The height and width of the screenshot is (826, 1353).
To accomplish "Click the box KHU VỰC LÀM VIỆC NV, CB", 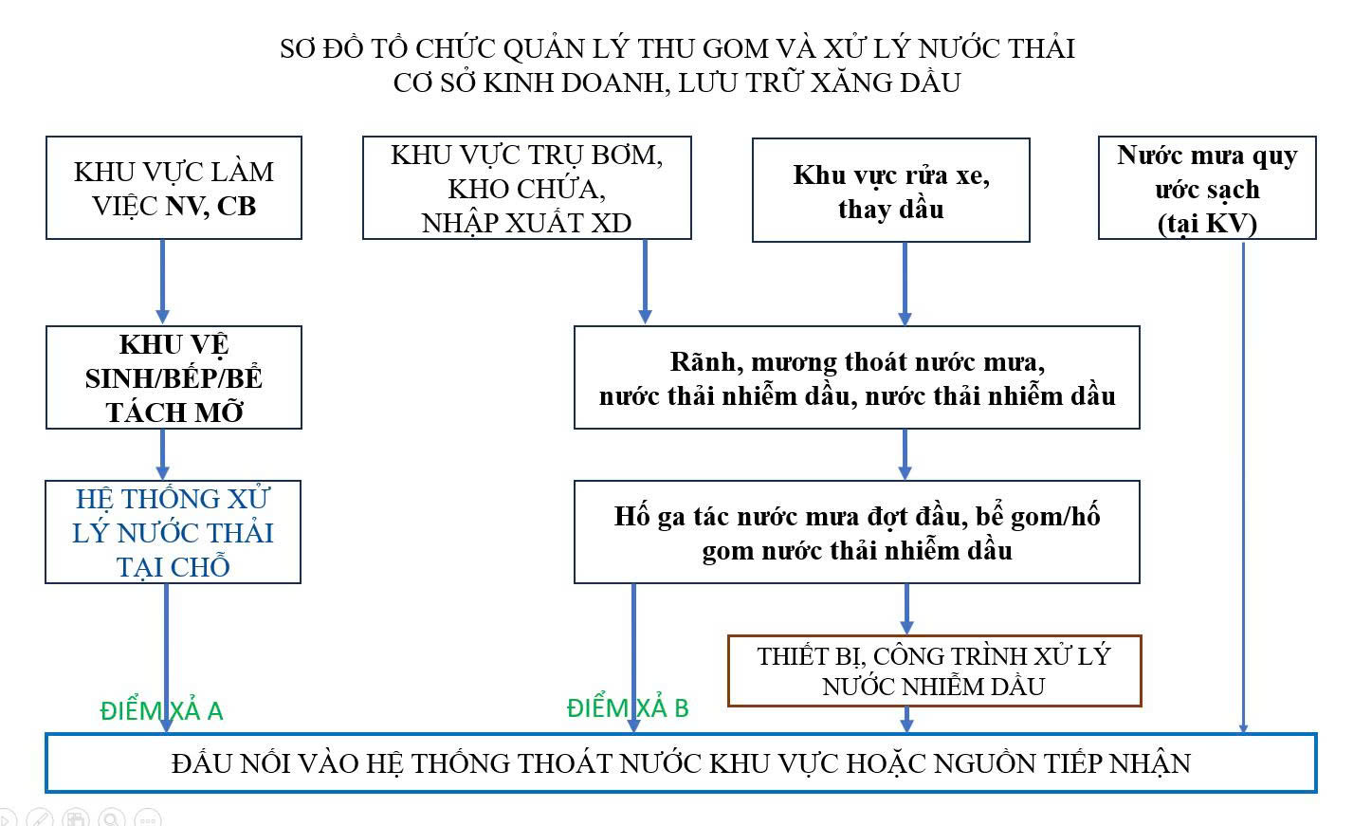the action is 174,188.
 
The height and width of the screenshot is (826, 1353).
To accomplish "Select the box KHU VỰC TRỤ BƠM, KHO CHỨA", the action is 526,188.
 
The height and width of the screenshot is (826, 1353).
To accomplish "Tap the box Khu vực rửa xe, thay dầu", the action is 890,191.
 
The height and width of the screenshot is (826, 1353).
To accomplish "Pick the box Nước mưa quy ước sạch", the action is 1206,188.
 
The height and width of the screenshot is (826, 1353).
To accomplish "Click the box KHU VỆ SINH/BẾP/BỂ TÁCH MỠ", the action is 174,377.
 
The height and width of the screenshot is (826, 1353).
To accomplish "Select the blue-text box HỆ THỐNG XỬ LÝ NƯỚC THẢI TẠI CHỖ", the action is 173,532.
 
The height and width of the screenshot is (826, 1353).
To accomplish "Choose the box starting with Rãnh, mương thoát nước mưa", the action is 856,377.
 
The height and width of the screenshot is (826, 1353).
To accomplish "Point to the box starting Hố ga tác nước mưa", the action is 856,532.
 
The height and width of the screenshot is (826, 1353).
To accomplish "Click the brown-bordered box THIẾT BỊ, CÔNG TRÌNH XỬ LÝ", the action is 934,671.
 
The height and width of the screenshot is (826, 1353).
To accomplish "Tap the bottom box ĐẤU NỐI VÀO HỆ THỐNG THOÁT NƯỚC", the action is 681,762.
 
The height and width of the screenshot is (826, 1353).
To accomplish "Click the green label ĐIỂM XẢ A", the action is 161,711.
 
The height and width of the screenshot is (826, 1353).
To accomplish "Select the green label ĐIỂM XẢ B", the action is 628,708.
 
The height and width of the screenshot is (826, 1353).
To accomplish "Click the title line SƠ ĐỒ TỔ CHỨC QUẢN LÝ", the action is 677,48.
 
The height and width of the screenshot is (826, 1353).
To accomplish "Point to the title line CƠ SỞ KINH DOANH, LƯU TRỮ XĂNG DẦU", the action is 677,83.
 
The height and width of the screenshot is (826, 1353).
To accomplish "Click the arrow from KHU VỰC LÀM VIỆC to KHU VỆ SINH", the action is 162,281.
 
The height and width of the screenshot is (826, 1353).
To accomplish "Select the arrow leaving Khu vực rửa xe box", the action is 905,283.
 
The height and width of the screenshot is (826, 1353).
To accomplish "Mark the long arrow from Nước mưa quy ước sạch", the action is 1243,484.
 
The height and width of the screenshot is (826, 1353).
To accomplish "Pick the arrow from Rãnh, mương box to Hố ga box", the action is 905,453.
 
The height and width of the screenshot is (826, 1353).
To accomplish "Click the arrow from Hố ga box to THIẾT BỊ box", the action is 906,608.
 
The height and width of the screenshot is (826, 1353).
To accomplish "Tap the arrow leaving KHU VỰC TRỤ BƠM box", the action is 646,281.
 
